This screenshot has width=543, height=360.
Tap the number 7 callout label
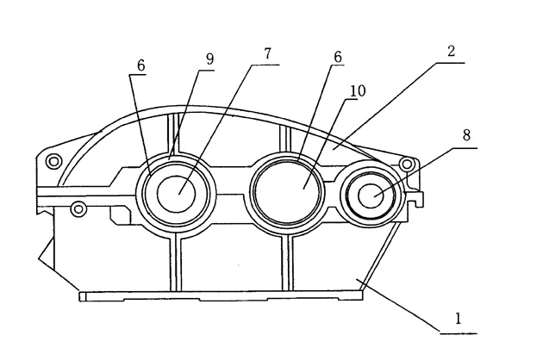coord(268,53)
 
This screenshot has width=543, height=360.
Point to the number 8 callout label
coord(466,136)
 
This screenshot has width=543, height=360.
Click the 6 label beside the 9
coord(140,65)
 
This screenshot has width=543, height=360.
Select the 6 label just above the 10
coord(338,56)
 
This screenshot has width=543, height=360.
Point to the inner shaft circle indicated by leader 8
coord(374,195)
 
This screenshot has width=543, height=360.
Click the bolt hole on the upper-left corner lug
coord(53,161)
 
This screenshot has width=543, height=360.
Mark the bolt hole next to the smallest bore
coord(407,163)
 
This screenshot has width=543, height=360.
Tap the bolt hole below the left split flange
coord(78,208)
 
